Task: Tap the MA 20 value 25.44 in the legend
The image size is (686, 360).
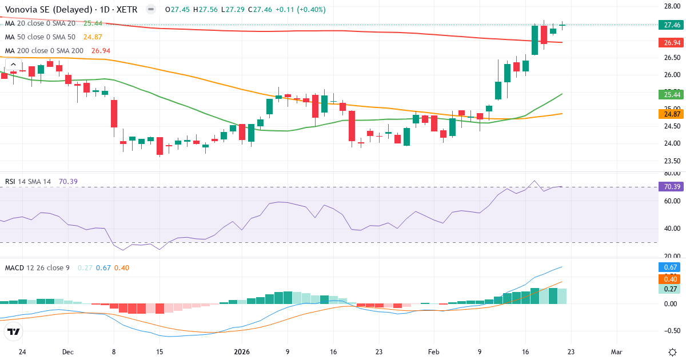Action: point(93,23)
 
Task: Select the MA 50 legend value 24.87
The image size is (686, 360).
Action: point(93,37)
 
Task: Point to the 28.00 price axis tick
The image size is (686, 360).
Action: point(671,6)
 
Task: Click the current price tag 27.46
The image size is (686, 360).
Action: point(671,25)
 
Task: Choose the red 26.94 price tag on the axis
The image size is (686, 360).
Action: point(671,43)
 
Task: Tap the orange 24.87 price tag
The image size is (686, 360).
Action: point(671,114)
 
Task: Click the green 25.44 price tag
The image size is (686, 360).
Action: point(671,94)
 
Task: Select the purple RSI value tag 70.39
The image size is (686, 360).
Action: point(671,187)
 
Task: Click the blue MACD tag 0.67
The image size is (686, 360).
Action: point(671,267)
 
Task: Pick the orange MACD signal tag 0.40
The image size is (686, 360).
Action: point(671,279)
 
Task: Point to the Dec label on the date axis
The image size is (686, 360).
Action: point(67,352)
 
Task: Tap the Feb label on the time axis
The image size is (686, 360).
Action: point(433,352)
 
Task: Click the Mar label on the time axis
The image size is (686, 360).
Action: point(617,352)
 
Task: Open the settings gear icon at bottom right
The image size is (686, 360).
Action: point(673,351)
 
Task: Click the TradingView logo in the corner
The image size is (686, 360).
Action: point(13,331)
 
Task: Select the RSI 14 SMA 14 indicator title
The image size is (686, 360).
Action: point(28,182)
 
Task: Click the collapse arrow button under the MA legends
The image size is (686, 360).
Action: point(13,64)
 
